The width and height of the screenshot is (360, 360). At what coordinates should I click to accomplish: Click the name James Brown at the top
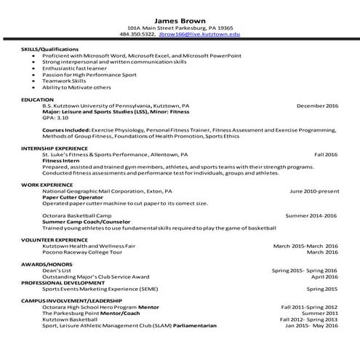tap(179, 20)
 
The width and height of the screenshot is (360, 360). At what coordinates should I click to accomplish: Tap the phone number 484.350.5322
tap(137, 34)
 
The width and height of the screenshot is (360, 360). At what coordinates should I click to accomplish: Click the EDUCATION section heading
tap(38, 99)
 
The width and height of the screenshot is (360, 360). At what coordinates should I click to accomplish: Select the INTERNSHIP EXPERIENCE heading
tap(57, 148)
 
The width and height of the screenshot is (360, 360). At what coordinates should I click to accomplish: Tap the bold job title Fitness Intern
tap(61, 161)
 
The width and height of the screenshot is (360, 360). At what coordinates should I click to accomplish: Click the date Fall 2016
tap(326, 155)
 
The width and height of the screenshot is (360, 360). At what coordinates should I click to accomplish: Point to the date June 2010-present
tap(313, 191)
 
